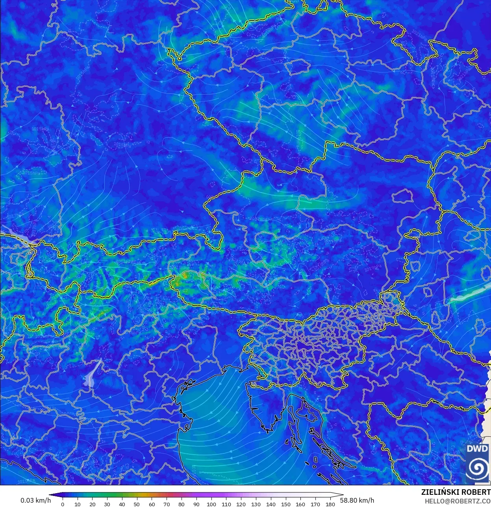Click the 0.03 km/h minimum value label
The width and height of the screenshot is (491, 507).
coord(35,500)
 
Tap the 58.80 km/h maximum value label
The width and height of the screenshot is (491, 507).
coord(357,500)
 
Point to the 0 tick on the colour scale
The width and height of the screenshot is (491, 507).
coord(63,504)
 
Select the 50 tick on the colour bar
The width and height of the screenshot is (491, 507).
coord(137,504)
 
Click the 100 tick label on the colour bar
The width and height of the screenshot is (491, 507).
coord(211,504)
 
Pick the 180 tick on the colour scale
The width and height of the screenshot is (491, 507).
coord(330,504)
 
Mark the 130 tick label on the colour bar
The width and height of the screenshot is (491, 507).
coord(256,504)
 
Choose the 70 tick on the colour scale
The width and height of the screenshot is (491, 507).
coord(167,504)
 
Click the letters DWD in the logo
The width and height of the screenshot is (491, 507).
coord(477,449)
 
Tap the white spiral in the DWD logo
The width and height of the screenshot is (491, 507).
coord(477,468)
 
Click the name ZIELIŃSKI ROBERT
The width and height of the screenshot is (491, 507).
coord(456,492)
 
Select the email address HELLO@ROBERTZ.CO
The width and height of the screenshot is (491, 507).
coord(458,501)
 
